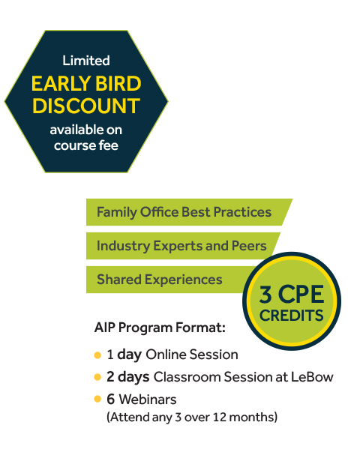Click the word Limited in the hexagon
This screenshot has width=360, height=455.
pyautogui.click(x=86, y=61)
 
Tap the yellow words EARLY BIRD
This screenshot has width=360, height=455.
pyautogui.click(x=86, y=83)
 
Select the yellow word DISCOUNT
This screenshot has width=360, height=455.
pyautogui.click(x=86, y=106)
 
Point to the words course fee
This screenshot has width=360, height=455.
pyautogui.click(x=86, y=145)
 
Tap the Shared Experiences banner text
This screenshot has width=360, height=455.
pyautogui.click(x=160, y=280)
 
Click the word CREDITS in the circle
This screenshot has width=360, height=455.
pyautogui.click(x=291, y=316)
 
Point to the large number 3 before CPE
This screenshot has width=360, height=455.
pyautogui.click(x=265, y=295)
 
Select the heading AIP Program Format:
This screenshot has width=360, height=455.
pyautogui.click(x=160, y=328)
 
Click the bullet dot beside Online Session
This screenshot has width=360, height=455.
pyautogui.click(x=97, y=355)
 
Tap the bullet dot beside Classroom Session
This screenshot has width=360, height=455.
pyautogui.click(x=97, y=377)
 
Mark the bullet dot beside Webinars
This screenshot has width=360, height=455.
pyautogui.click(x=97, y=399)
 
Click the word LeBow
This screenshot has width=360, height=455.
pyautogui.click(x=312, y=377)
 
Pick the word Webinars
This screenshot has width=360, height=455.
pyautogui.click(x=148, y=400)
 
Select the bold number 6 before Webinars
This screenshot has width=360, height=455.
pyautogui.click(x=110, y=400)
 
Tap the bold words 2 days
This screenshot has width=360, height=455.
pyautogui.click(x=128, y=377)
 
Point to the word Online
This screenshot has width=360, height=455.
pyautogui.click(x=166, y=355)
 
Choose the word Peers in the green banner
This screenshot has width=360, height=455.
pyautogui.click(x=249, y=246)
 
